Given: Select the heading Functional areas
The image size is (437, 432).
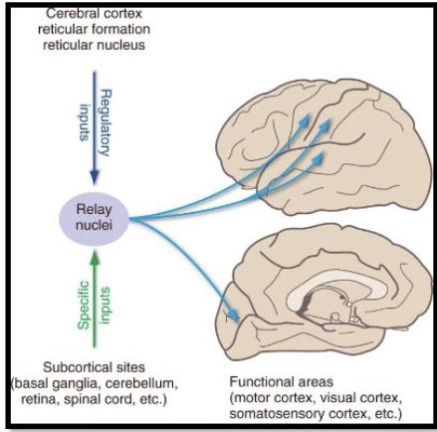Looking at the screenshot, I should tap(285, 380).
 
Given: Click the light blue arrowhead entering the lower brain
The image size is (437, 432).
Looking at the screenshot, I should tap(236, 318).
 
